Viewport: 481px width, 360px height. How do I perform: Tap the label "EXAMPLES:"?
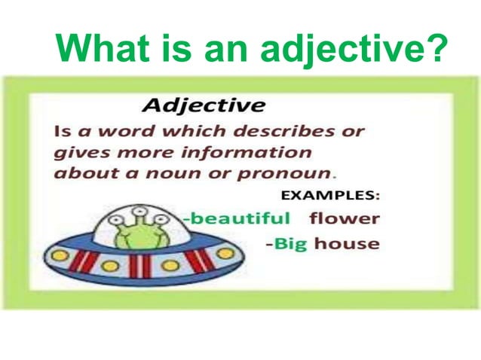[x=330, y=195]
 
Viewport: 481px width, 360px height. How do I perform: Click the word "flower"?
[x=345, y=218]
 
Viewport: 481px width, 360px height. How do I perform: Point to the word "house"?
[x=347, y=243]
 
